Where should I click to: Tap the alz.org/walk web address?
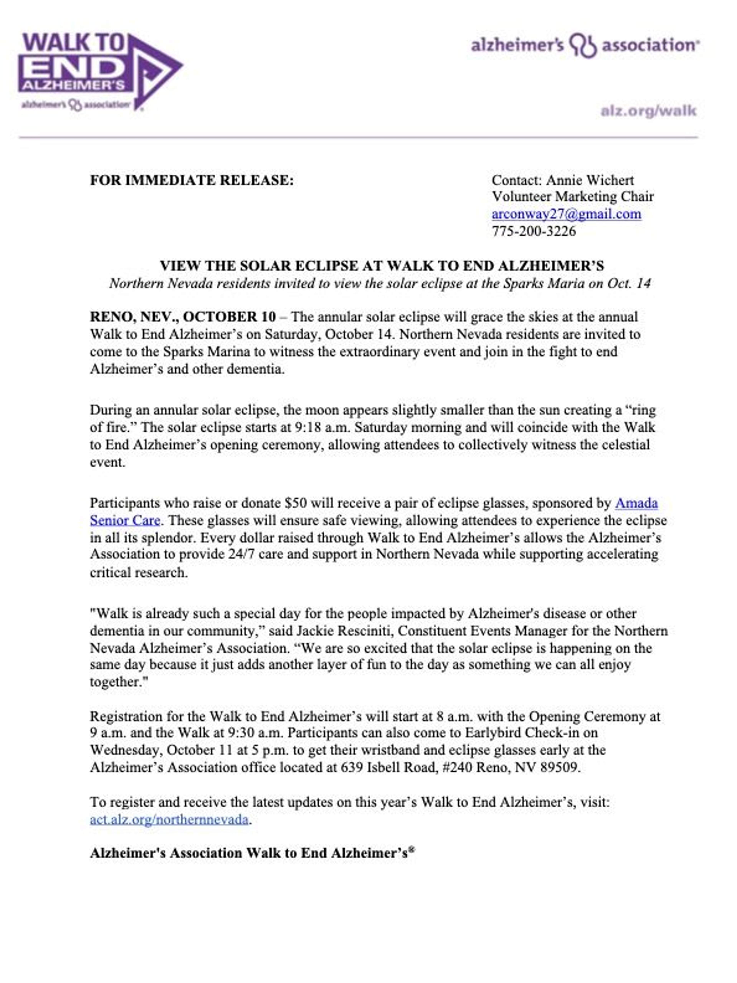pos(648,111)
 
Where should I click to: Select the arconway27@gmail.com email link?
pos(566,214)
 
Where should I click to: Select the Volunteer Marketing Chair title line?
pos(572,197)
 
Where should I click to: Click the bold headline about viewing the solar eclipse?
pos(382,266)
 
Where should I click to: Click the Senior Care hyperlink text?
pos(125,520)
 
